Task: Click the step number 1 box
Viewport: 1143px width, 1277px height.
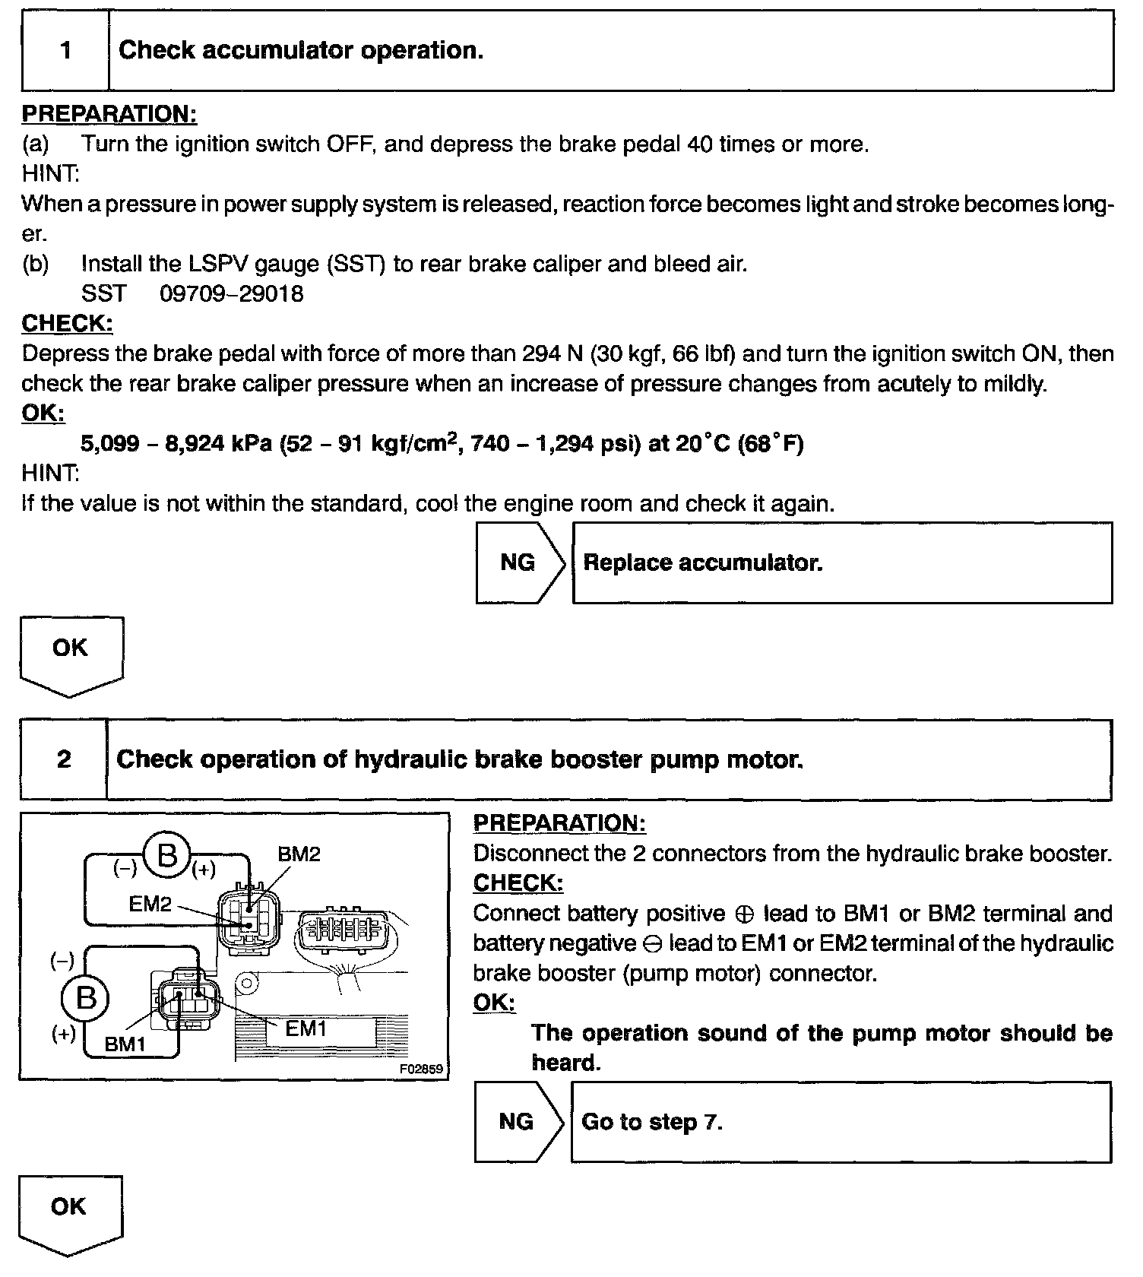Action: click(x=65, y=51)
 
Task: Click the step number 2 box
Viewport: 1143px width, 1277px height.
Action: click(x=64, y=759)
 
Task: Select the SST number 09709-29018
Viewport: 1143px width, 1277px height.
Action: click(x=232, y=294)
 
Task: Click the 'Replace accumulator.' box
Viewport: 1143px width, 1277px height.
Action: click(x=842, y=562)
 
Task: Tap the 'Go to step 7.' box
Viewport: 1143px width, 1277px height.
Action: click(x=841, y=1122)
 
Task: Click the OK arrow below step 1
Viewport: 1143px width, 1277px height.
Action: click(x=71, y=654)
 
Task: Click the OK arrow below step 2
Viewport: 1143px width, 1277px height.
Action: click(x=69, y=1212)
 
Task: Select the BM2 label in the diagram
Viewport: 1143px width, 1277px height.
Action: click(x=299, y=854)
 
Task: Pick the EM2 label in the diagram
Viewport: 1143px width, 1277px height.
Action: click(x=150, y=904)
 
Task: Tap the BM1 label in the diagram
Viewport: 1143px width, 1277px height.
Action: click(x=125, y=1044)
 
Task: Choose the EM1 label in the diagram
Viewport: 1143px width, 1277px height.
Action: click(x=306, y=1028)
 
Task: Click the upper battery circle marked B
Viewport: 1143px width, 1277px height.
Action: click(x=166, y=856)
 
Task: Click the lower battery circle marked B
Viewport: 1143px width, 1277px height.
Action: click(x=86, y=997)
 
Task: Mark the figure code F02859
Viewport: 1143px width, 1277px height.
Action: click(x=421, y=1068)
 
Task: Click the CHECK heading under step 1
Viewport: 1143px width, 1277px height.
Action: click(x=67, y=324)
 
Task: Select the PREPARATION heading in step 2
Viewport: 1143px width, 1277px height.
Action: click(x=559, y=823)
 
